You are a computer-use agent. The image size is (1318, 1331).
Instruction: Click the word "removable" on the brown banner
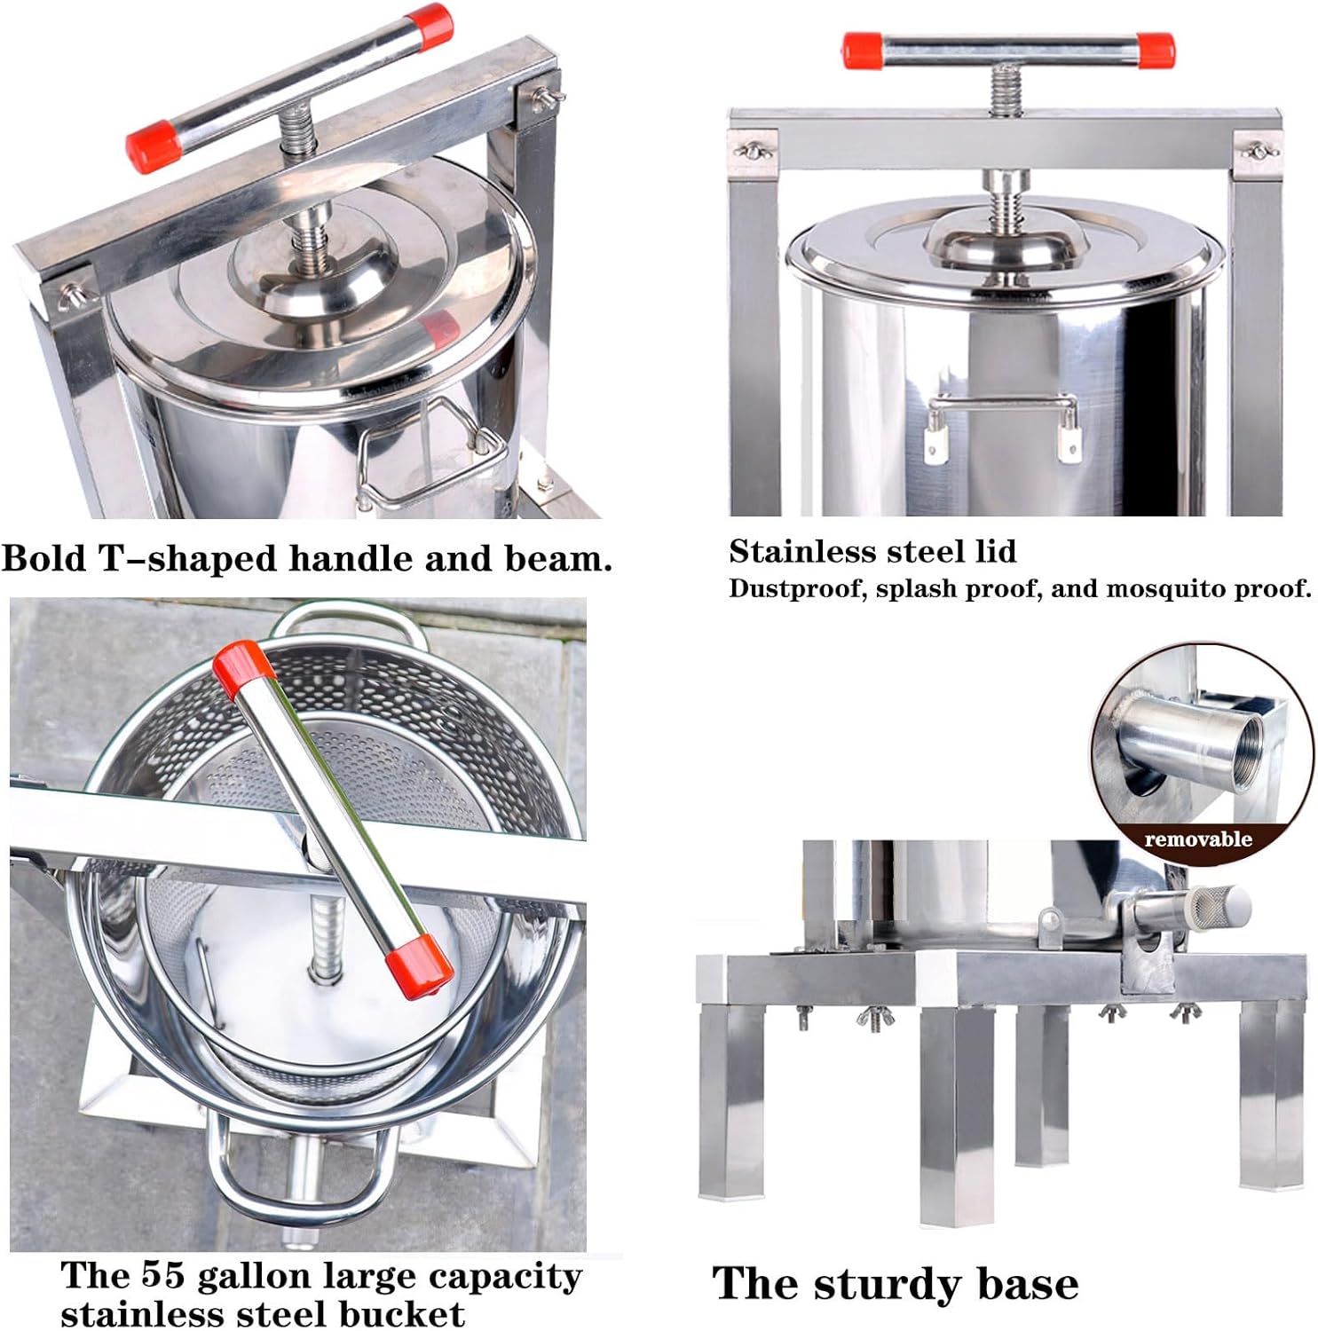click(x=1197, y=839)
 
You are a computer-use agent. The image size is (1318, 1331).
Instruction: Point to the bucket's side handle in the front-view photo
click(x=1002, y=417)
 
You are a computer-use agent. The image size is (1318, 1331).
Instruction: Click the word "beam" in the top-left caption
click(x=556, y=559)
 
